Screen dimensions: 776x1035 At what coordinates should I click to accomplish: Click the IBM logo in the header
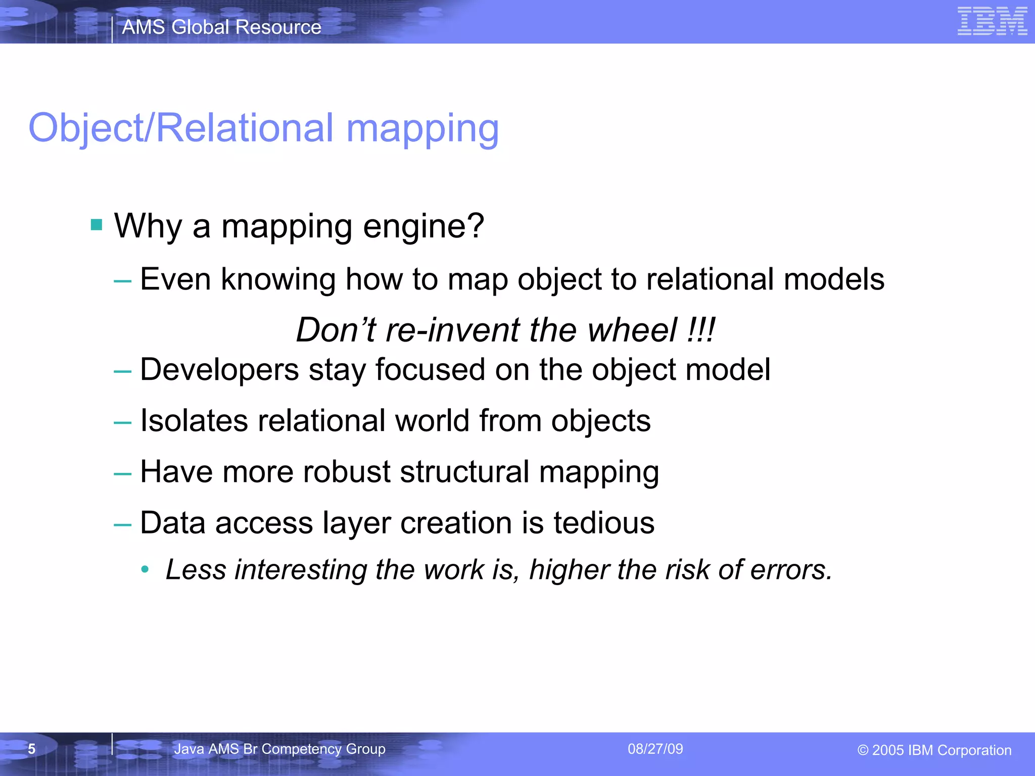point(992,22)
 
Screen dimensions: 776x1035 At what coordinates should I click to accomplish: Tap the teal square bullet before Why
point(97,224)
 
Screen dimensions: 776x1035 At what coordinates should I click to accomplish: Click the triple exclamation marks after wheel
point(701,330)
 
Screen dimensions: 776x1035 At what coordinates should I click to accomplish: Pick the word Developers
point(219,370)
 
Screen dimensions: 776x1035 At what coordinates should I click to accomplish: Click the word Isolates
point(194,420)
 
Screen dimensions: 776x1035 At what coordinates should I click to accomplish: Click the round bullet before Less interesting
point(146,570)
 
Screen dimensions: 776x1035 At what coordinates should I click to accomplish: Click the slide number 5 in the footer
point(31,749)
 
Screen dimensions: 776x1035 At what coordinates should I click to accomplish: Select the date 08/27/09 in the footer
point(655,749)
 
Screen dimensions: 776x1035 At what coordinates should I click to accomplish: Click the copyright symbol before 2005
point(863,750)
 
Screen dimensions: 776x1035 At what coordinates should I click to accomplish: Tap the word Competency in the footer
point(302,749)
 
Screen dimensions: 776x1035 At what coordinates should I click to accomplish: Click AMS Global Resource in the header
point(221,27)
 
